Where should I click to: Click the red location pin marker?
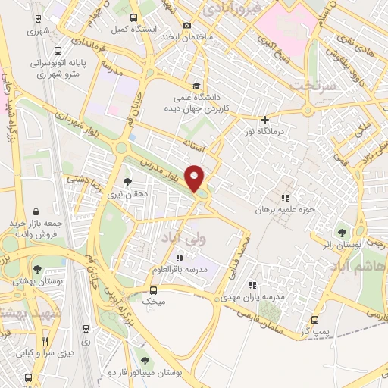(x=196, y=179)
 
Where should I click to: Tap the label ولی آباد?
(x=182, y=238)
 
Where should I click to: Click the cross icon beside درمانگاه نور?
(x=264, y=120)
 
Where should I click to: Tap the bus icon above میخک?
(x=154, y=290)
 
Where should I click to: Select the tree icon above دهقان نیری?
(x=127, y=182)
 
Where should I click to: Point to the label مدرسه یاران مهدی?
(x=258, y=297)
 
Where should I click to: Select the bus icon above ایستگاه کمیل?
(x=133, y=17)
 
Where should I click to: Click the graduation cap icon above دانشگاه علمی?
(x=196, y=85)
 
